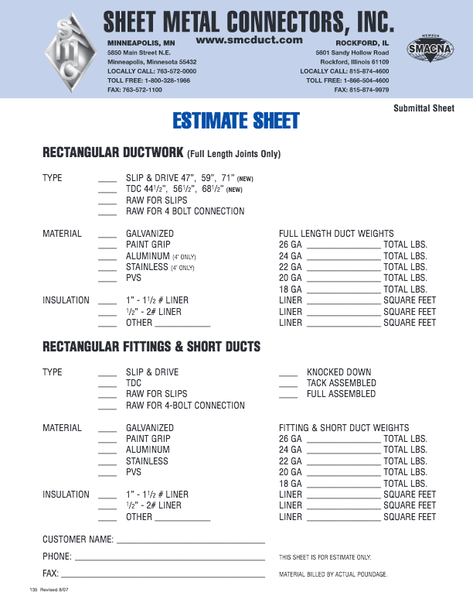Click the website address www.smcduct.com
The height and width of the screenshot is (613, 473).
tap(248, 39)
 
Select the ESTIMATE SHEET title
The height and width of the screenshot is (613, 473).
tap(236, 121)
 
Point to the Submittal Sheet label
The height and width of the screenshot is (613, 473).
tap(424, 108)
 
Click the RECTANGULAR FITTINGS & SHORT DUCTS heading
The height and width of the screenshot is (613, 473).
tap(151, 346)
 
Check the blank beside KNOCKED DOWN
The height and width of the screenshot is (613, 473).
tap(288, 373)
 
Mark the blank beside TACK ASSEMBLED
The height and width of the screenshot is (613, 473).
tap(288, 384)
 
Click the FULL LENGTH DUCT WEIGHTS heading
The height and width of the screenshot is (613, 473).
tap(336, 234)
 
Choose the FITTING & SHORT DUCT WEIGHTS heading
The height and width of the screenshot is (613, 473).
tap(344, 428)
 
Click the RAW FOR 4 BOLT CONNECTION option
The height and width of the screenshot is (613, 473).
tap(185, 211)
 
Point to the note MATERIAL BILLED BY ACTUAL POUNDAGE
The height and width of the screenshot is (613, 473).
tap(332, 574)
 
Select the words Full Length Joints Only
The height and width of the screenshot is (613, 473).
tap(234, 154)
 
